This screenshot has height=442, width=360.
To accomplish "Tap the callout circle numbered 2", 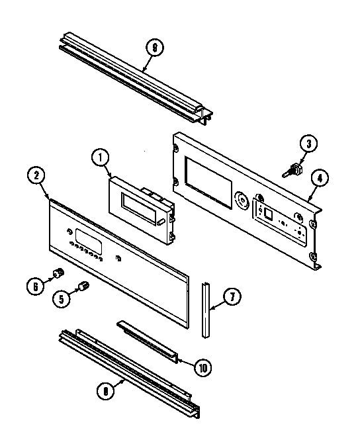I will point(37,176).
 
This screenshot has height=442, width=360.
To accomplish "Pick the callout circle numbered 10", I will point(202,365).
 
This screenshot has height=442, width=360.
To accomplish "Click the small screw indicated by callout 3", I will point(291,171).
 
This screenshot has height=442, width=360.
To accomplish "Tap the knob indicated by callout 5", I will point(83,286).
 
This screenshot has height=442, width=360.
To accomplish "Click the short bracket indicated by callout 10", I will point(148,341).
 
